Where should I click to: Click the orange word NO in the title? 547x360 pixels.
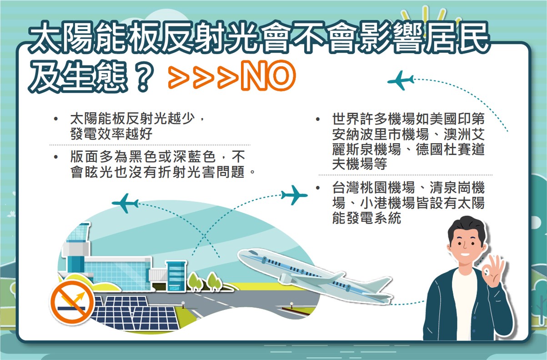coord(268,75)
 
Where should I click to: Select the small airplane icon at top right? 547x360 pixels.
coord(401,80)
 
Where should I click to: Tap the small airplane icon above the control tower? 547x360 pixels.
coord(125,203)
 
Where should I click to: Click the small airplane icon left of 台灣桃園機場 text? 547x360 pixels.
coord(294,195)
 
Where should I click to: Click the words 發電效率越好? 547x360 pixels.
coord(111,134)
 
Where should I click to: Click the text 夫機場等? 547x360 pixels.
coord(360,164)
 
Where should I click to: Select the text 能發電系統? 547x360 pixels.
coord(366,217)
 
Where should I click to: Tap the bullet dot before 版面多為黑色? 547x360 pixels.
coord(56,157)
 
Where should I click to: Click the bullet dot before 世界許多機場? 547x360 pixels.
coord(318,120)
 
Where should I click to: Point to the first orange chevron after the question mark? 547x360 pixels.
coord(179,77)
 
